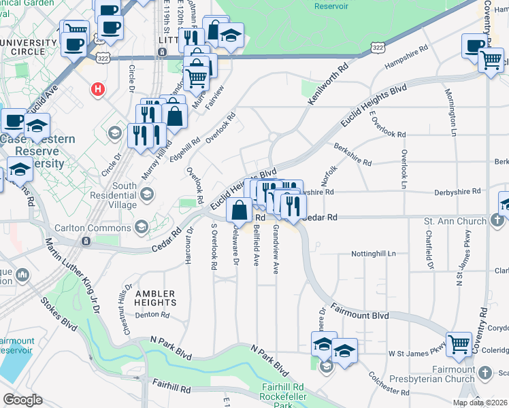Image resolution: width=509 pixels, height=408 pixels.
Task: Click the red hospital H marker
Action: (x=99, y=88)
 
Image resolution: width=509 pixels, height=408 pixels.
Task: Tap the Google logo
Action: (x=22, y=400)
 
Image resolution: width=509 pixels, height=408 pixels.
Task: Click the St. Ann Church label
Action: (x=455, y=221)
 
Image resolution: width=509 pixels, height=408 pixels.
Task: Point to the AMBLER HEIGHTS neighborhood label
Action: (x=154, y=299)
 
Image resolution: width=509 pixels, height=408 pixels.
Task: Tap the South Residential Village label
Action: (x=125, y=196)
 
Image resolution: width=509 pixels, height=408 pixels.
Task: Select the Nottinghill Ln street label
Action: (x=373, y=253)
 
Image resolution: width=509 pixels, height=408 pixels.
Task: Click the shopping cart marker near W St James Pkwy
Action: (x=459, y=344)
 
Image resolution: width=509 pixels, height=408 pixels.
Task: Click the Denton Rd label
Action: (x=152, y=315)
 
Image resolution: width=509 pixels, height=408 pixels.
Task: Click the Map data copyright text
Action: (x=480, y=403)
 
